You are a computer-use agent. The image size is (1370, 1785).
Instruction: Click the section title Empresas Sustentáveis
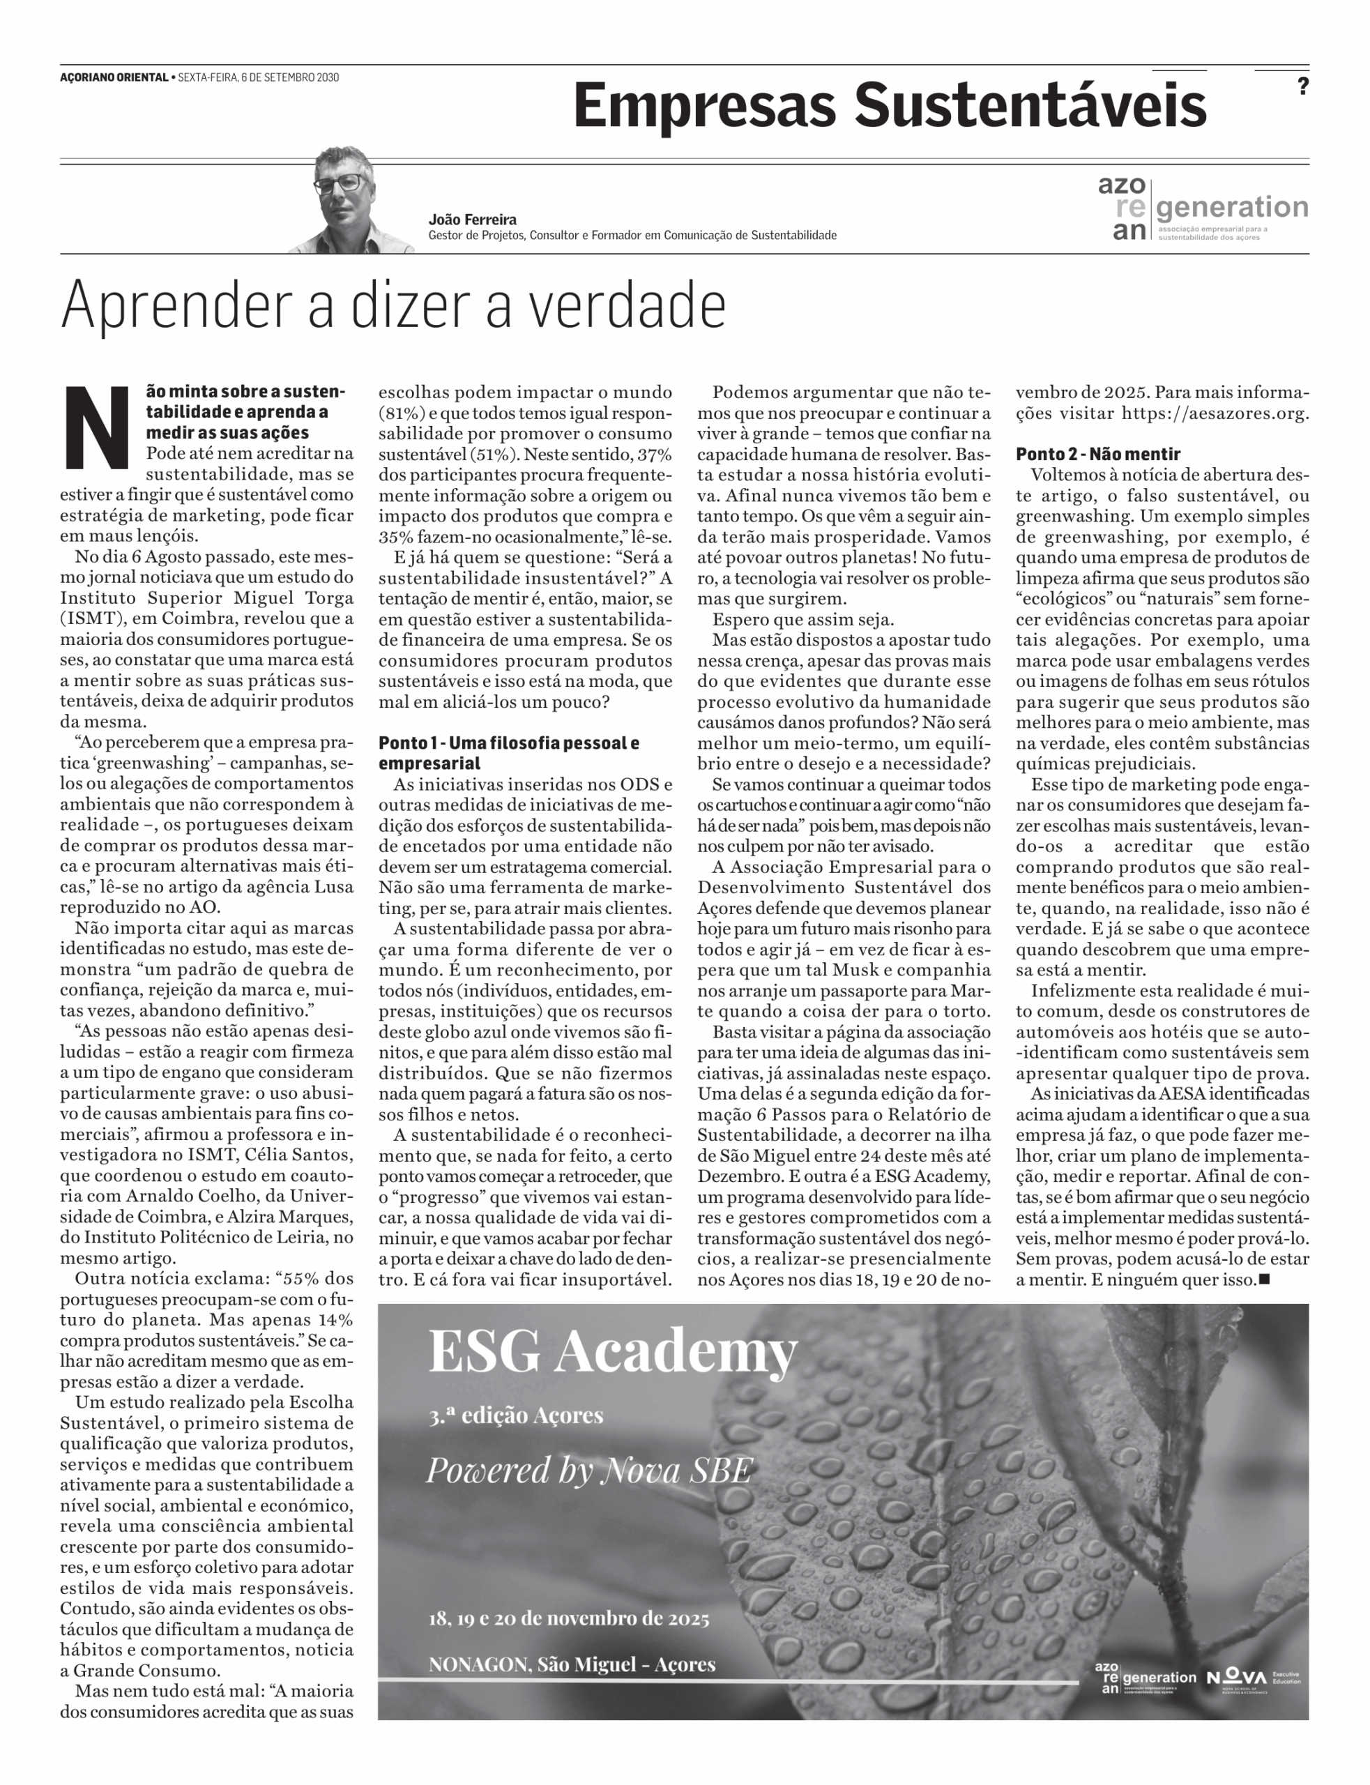coord(889,107)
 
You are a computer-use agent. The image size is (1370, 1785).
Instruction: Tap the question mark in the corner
coord(1302,86)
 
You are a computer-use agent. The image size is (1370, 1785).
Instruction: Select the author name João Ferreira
coord(472,220)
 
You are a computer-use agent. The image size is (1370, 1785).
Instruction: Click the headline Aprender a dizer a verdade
coord(393,305)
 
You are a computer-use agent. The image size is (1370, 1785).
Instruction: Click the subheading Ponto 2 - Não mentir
coord(1097,454)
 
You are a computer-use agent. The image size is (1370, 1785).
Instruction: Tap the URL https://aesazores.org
coord(1215,413)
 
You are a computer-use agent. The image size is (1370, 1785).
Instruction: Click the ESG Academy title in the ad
coord(611,1351)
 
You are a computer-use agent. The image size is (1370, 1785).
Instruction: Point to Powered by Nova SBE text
coord(588,1471)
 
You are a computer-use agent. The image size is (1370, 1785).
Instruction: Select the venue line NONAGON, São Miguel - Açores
coord(572,1664)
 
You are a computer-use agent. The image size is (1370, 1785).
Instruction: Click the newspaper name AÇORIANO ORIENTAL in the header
coord(114,77)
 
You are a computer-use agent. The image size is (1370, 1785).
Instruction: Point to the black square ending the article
coord(1264,1279)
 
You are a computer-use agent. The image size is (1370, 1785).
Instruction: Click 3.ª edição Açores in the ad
coord(515,1415)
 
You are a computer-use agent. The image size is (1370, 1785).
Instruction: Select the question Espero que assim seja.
coord(802,619)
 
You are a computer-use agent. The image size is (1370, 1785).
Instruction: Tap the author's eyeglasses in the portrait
coord(338,183)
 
